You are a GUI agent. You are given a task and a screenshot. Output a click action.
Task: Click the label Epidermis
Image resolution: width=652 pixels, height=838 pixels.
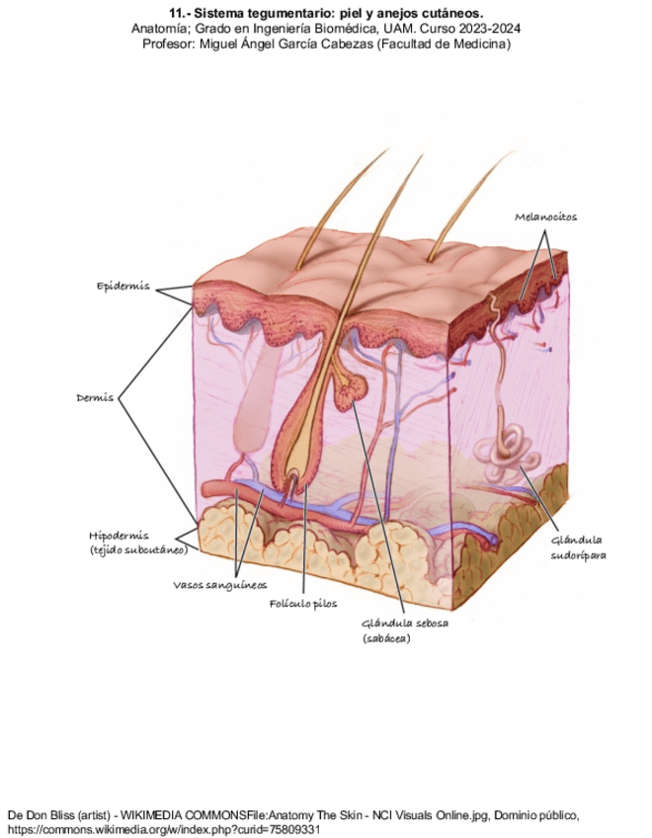(122, 287)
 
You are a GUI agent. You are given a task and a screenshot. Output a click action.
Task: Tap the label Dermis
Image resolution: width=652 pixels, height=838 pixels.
(95, 398)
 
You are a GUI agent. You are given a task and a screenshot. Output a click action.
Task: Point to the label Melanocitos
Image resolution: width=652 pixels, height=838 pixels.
(545, 216)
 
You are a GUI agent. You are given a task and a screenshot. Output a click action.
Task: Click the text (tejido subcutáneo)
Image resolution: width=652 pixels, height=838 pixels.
(138, 549)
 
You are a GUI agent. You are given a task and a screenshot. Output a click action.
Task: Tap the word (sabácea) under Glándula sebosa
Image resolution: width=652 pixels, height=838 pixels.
(386, 639)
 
